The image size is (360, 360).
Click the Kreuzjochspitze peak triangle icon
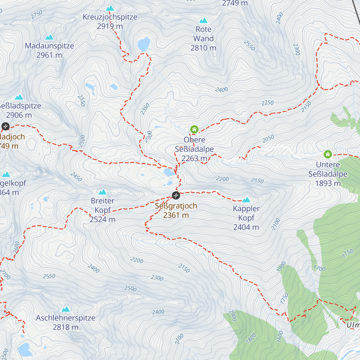[x=110, y=8]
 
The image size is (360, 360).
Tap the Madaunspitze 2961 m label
[x=49, y=50]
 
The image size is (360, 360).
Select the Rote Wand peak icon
[x=203, y=21]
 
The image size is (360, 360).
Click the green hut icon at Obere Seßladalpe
[x=194, y=130]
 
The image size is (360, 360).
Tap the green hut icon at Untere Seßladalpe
[x=328, y=154]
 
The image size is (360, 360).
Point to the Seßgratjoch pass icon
[x=176, y=196]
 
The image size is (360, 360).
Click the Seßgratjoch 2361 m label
[x=176, y=211]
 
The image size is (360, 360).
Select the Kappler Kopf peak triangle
[x=246, y=200]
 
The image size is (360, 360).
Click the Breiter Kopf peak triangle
[x=103, y=192]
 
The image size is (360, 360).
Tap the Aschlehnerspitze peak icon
[x=66, y=309]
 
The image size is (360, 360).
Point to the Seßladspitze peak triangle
[x=19, y=97]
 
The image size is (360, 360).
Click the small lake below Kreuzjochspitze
[x=144, y=44]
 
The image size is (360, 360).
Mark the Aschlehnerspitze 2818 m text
[x=66, y=322]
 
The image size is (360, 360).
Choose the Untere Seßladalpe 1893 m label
[x=328, y=174]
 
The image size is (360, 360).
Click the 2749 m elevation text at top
[x=235, y=3]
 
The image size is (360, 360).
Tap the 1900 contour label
[x=281, y=267]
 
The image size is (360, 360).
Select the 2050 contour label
[x=268, y=139]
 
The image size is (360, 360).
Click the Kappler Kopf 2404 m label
[x=246, y=218]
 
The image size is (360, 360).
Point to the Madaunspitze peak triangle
[x=49, y=37]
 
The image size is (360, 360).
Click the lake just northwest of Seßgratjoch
[x=169, y=172]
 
